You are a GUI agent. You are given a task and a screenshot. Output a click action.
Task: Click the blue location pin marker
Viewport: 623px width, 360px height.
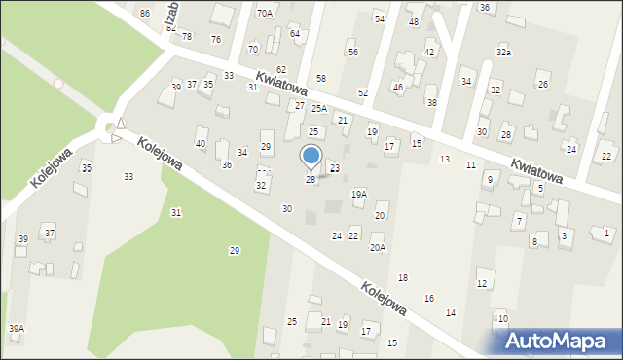pos(311,159)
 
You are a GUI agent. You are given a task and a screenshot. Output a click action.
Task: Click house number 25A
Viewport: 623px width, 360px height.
pos(318,109)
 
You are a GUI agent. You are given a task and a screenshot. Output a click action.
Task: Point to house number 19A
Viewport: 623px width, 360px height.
pos(359,195)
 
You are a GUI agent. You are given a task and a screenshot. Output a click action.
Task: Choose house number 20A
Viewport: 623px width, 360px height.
pos(377,248)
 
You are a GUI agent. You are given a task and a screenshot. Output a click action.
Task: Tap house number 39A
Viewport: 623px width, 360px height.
pos(17,329)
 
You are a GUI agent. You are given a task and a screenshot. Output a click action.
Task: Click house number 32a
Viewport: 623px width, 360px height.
pos(503,52)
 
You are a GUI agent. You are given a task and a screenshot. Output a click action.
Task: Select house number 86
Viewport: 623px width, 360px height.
pos(145,14)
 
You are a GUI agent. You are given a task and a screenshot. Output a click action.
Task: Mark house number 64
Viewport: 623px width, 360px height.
pos(294,33)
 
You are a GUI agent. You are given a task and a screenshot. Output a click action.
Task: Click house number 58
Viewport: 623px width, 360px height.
pos(321,78)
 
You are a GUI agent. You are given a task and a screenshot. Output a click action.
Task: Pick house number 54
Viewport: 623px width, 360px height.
pos(380,19)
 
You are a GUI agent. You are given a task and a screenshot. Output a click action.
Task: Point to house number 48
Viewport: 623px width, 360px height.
pos(414,21)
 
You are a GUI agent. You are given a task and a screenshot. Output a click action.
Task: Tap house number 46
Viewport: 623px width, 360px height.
pos(397,88)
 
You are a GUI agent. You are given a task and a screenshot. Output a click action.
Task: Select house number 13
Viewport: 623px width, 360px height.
pos(445,159)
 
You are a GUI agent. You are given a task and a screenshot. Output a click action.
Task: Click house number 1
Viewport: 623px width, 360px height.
pos(607,233)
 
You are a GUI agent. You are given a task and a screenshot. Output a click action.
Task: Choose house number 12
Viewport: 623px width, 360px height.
pos(481,283)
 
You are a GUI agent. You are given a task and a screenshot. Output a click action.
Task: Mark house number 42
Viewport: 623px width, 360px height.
pos(429,53)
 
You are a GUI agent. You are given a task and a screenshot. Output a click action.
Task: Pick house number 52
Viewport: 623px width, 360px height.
pos(362,92)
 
